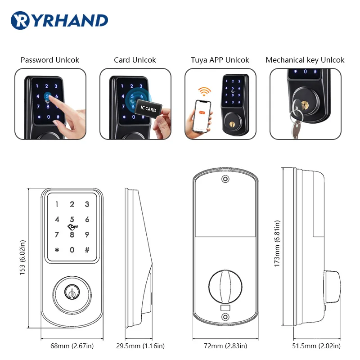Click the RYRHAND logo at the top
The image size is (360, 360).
click(x=59, y=20)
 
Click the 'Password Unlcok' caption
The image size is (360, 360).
click(x=50, y=60)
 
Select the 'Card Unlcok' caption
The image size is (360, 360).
click(x=135, y=60)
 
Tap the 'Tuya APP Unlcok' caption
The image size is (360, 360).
click(x=220, y=60)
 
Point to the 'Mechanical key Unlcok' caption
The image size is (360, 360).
click(x=305, y=60)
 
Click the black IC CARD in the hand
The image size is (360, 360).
click(x=148, y=109)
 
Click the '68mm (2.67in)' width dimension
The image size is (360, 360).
click(x=72, y=346)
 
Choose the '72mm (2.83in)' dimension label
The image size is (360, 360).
click(x=226, y=346)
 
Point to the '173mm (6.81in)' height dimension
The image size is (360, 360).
click(x=278, y=243)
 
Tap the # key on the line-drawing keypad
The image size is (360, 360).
click(x=87, y=250)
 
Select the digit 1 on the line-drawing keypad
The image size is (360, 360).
click(x=57, y=205)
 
